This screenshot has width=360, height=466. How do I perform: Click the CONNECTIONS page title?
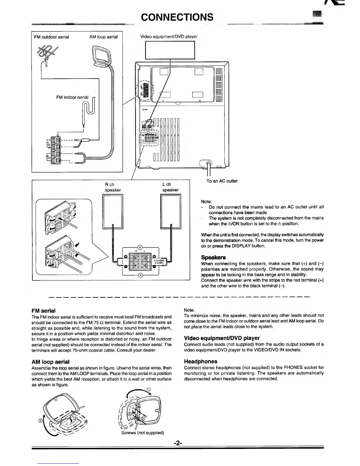[x=177, y=17]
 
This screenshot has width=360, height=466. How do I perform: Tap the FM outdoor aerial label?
[x=51, y=37]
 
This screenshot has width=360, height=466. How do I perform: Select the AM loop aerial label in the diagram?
[x=104, y=37]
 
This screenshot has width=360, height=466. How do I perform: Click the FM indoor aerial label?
[x=72, y=97]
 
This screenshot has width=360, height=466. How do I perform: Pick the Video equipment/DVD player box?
[x=170, y=50]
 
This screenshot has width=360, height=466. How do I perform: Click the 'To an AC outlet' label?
[x=222, y=181]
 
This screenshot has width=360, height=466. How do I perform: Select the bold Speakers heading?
[x=213, y=257]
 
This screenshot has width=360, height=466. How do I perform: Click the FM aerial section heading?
[x=43, y=311]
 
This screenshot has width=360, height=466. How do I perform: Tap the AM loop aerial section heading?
[x=50, y=362]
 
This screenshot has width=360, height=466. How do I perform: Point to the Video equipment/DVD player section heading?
[x=221, y=338]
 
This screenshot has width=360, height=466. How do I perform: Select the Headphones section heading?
[x=200, y=361]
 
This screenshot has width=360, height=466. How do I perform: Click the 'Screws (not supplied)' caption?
[x=142, y=433]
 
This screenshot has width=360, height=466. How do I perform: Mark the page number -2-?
[x=178, y=443]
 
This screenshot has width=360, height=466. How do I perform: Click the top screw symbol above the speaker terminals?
[x=140, y=247]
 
